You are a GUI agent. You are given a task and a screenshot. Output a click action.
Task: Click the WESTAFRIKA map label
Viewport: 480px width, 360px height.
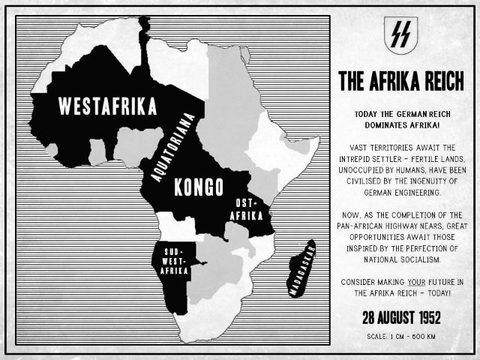pyautogui.click(x=108, y=106)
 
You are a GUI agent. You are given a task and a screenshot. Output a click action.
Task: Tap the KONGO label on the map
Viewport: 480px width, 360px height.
pyautogui.click(x=194, y=187)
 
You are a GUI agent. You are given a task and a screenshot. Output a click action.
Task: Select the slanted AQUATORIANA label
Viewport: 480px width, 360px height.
pyautogui.click(x=175, y=145)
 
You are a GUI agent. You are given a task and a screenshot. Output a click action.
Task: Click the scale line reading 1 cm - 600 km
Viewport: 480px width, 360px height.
pyautogui.click(x=400, y=335)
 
